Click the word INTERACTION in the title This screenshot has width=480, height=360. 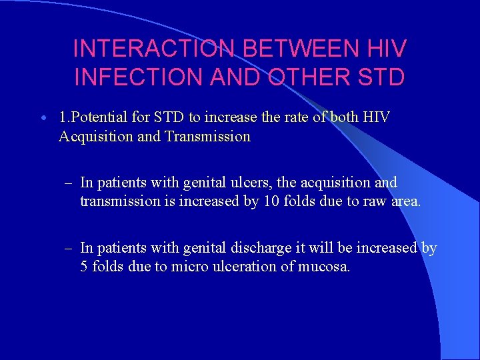tap(152, 49)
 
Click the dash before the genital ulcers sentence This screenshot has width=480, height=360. tap(68, 183)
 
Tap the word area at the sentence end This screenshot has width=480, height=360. tap(406, 201)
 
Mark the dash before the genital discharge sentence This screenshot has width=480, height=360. tap(68, 248)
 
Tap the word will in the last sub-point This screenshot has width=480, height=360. tap(312, 248)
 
